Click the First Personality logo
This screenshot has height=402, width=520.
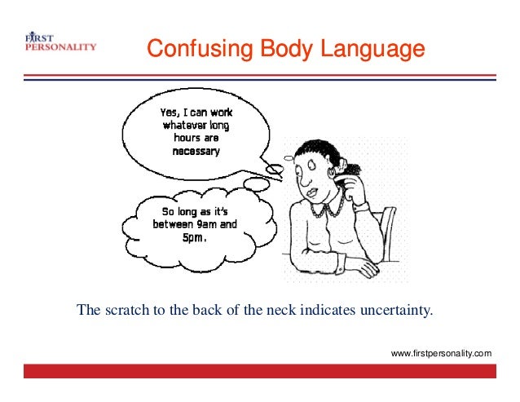tap(59, 42)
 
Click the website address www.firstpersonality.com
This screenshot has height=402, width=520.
tap(441, 353)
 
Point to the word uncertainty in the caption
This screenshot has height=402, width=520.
tap(401, 310)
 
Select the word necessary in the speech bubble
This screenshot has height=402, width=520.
tap(195, 152)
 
